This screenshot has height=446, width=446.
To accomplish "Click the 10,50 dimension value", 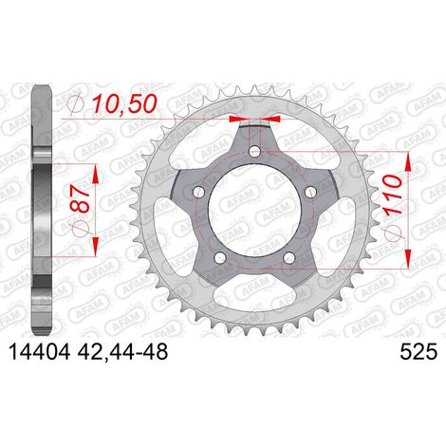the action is (x=124, y=103).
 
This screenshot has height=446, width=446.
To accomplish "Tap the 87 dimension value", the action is (x=81, y=197).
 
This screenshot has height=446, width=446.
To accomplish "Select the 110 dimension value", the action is (x=393, y=195).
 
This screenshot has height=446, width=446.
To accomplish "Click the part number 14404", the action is (x=40, y=352).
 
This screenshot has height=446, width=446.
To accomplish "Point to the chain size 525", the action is (x=418, y=352).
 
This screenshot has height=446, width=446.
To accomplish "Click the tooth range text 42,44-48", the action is (x=122, y=352).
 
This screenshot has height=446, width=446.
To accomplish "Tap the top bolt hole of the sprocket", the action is (x=254, y=151).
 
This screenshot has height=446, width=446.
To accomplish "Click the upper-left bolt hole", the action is (x=198, y=191).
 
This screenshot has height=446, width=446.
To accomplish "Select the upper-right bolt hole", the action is (x=310, y=191).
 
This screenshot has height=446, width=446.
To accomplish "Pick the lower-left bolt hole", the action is (x=220, y=257).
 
